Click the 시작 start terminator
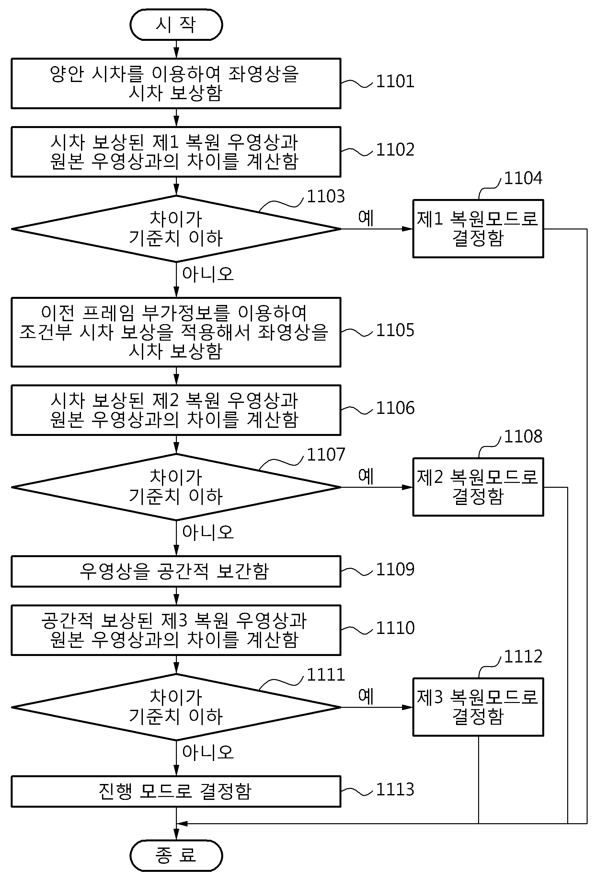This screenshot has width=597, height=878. [x=176, y=25]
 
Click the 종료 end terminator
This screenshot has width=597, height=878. [x=176, y=855]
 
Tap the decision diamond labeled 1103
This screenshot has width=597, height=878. [x=176, y=228]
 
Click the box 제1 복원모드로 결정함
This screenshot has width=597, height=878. [x=478, y=228]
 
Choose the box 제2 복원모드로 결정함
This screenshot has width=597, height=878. [x=478, y=487]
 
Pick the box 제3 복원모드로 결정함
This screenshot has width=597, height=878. [x=478, y=707]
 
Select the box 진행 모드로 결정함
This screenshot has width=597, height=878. [x=176, y=791]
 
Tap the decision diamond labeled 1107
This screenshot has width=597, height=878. [x=176, y=487]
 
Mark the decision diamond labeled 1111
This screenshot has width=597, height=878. [x=176, y=707]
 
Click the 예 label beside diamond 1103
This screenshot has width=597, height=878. [x=365, y=218]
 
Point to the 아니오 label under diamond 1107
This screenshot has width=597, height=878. [x=208, y=532]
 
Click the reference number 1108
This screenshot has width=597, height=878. [x=523, y=436]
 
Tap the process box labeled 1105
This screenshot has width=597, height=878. [x=176, y=332]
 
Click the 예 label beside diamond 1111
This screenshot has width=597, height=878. [x=365, y=696]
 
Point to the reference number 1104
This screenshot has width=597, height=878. [x=523, y=178]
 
